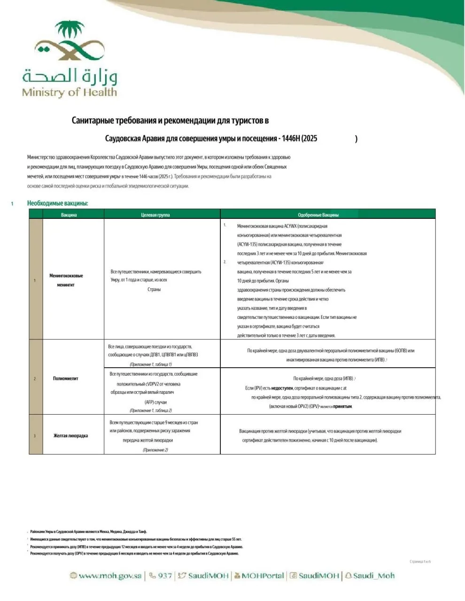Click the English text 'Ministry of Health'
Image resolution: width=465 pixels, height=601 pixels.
tap(69, 92)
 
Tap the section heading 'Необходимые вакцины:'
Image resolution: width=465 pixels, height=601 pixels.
tap(58, 203)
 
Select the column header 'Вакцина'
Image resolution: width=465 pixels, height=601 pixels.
tap(69, 215)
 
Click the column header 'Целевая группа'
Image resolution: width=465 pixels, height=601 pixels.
tap(155, 215)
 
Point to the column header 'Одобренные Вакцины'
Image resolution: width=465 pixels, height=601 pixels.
tap(318, 215)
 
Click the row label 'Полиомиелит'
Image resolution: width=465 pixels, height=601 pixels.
tap(66, 378)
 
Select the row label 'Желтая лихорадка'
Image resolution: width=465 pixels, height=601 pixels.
tap(70, 436)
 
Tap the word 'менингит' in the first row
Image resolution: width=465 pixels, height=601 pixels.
tap(66, 285)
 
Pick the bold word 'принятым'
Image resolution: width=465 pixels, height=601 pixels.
tap(342, 407)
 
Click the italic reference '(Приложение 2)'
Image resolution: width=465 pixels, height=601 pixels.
tap(155, 450)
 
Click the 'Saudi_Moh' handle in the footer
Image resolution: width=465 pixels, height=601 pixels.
tap(374, 576)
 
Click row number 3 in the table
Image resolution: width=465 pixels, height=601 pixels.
tap(35, 436)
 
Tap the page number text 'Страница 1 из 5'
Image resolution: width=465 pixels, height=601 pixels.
tap(420, 562)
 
